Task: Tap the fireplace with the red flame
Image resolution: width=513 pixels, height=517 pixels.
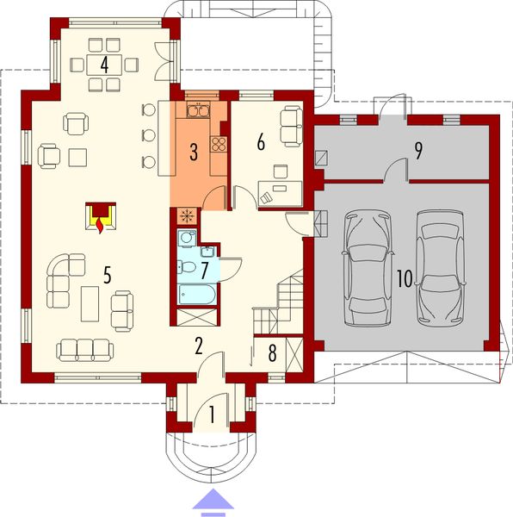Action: (x=102, y=217)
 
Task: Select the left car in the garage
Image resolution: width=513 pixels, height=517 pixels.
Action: (x=367, y=268)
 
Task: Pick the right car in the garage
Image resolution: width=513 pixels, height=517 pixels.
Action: (x=441, y=268)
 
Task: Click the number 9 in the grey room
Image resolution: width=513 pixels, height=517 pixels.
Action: (x=419, y=151)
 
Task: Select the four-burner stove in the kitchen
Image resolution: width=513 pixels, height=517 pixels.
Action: (x=219, y=145)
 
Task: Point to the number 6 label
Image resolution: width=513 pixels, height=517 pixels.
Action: (x=259, y=143)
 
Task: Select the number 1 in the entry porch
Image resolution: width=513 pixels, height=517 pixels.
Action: (x=212, y=415)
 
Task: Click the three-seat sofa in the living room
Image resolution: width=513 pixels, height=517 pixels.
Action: (x=84, y=350)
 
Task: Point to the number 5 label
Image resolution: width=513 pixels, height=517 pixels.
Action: (x=107, y=275)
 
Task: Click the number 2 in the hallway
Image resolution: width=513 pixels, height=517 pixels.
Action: (x=199, y=346)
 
